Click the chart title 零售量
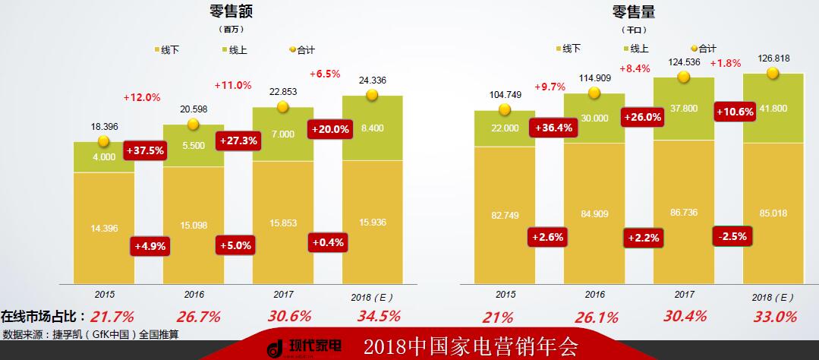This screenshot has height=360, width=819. (634, 11)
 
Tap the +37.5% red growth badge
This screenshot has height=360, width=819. (145, 150)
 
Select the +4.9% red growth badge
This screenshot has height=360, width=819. (150, 246)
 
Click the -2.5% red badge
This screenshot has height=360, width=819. (732, 236)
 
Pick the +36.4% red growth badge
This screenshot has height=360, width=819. (553, 128)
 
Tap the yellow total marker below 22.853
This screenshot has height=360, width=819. (282, 107)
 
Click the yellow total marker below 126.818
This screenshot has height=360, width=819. (773, 73)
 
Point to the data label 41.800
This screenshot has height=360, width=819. (773, 109)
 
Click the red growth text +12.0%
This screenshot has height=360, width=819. (142, 97)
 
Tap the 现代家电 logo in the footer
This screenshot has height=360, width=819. (304, 347)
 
